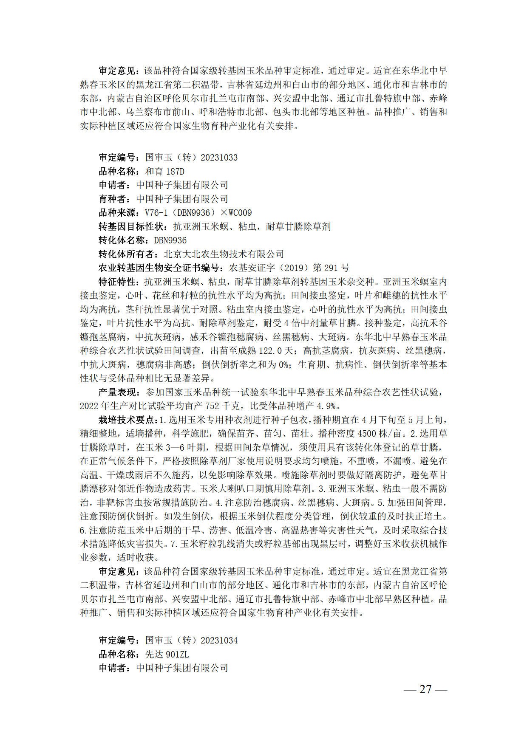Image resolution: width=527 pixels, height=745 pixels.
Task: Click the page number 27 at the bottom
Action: [x=425, y=689]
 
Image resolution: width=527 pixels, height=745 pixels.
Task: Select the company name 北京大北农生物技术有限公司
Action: [x=224, y=254]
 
